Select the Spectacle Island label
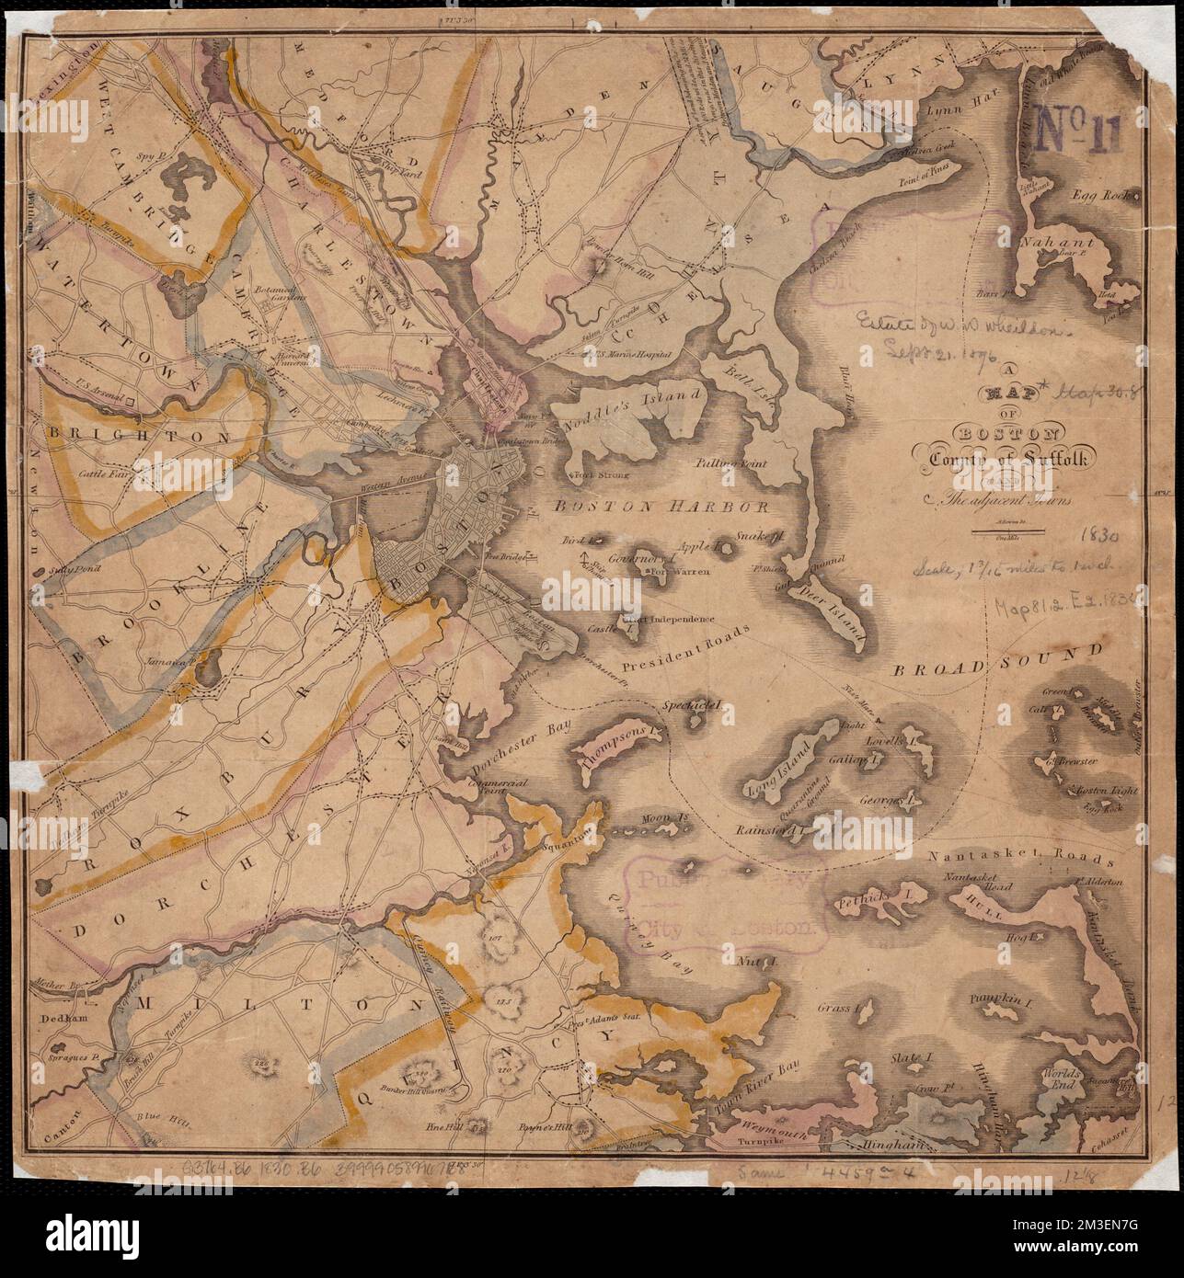(695, 706)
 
